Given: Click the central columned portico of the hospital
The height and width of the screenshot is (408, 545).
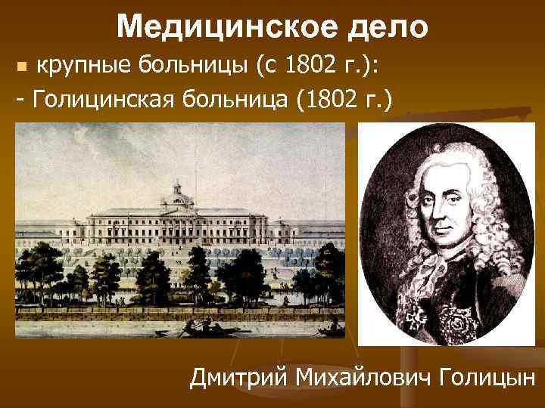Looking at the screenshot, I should click(179, 227).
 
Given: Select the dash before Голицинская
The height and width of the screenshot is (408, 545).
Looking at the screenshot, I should click(20, 100).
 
